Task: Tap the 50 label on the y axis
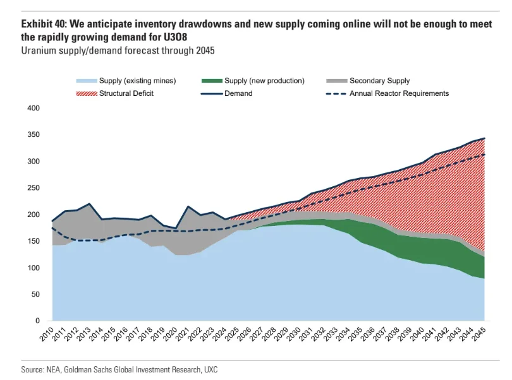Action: [x=36, y=295]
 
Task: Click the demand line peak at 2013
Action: [x=89, y=204]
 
